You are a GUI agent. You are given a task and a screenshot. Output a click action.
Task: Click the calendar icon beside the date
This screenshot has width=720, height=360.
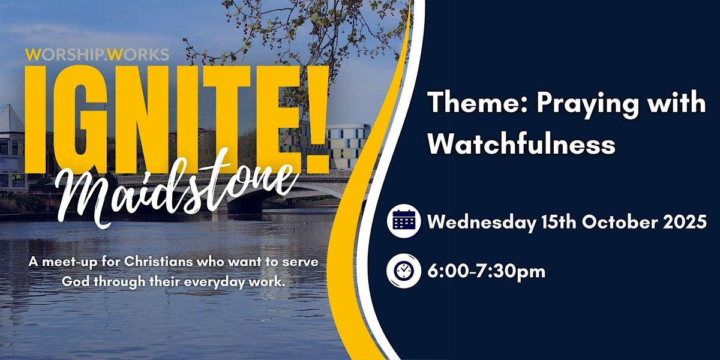[404, 221]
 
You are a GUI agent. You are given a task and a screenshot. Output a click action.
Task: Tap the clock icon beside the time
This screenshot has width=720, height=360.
[404, 271]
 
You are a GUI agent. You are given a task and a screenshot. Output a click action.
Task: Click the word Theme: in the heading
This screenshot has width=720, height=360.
[479, 103]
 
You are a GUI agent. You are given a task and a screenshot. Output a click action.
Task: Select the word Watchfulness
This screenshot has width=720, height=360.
[521, 143]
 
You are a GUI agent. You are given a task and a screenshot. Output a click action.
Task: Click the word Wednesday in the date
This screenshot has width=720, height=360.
[481, 222]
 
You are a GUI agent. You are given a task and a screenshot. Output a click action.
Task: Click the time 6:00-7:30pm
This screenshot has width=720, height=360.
[487, 272]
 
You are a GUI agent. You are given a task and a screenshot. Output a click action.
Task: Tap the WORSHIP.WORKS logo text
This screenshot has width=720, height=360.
[97, 55]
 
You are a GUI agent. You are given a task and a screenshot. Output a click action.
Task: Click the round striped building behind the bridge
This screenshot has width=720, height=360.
[349, 146]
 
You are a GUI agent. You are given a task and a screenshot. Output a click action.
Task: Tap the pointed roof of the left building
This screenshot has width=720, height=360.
[11, 118]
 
